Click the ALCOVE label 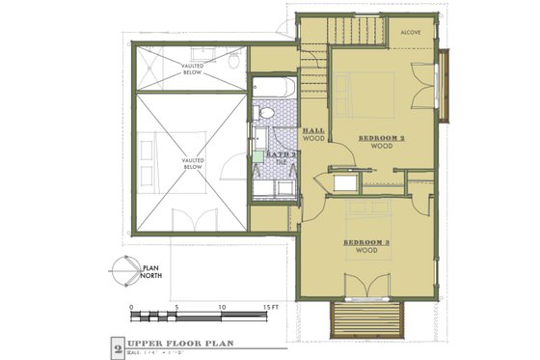(x=412, y=31)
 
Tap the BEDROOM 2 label (x=381, y=138)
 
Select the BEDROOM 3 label (x=365, y=241)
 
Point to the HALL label (x=312, y=129)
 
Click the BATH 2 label (x=281, y=153)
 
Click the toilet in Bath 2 (x=267, y=114)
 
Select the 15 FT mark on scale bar (x=266, y=307)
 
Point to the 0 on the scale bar (x=131, y=307)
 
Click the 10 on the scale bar (x=222, y=307)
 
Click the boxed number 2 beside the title (x=118, y=345)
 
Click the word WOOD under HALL (x=312, y=138)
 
